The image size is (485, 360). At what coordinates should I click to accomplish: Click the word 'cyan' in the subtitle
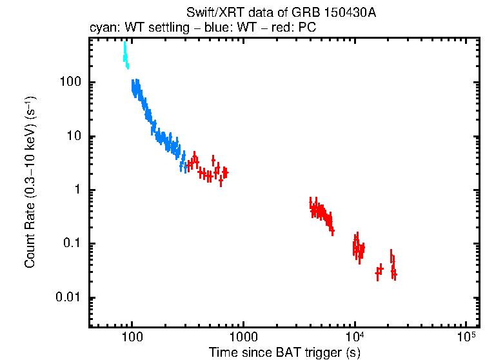point(102,29)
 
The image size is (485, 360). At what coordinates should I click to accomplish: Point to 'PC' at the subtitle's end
point(307,29)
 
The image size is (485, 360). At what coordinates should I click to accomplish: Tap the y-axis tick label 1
point(77,190)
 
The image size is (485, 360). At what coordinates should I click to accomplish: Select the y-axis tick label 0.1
point(73,244)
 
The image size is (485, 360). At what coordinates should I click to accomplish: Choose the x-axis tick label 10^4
point(354,337)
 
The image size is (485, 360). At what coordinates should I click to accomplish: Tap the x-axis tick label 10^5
point(466,337)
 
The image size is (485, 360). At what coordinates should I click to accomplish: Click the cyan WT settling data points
point(125,55)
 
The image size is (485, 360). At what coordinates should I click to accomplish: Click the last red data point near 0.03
point(394,275)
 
